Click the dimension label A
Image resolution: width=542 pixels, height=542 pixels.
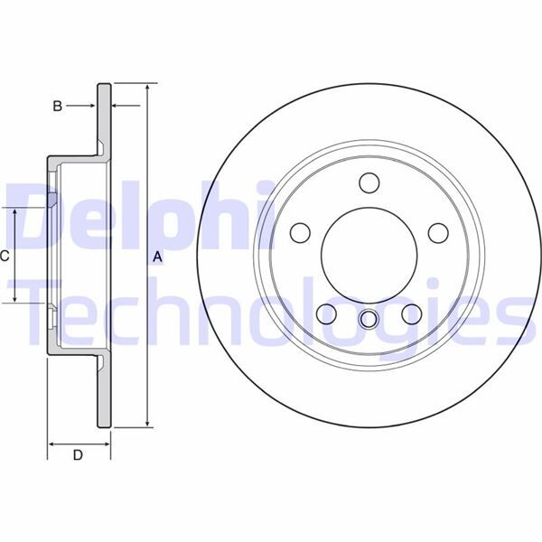tap(157, 257)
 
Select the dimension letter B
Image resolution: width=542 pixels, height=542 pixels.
tap(57, 107)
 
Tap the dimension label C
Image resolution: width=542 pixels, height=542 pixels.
tap(5, 256)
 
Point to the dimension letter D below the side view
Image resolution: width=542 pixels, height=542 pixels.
tap(78, 455)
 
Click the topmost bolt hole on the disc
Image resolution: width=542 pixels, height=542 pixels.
tap(368, 182)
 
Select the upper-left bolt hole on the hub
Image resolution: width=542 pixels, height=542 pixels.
tap(299, 233)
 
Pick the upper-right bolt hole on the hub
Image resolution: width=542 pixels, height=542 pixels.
tap(437, 233)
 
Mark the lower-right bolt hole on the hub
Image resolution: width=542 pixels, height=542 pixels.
tap(411, 313)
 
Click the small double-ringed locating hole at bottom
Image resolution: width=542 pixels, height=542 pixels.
tap(368, 319)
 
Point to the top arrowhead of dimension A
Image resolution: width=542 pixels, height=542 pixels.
tap(146, 89)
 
